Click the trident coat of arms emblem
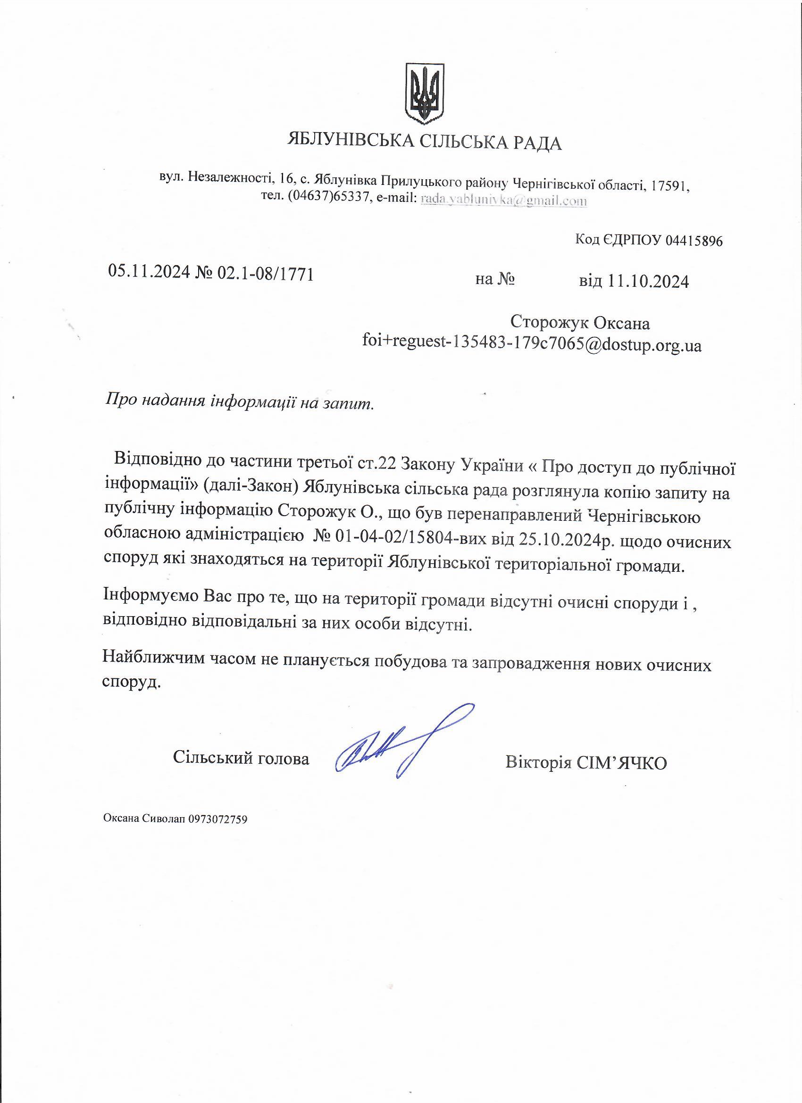(425, 92)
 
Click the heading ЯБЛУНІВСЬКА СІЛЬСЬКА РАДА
(425, 142)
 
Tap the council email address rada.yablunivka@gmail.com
(503, 200)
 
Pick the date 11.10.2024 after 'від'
(648, 281)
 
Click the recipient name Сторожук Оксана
(580, 322)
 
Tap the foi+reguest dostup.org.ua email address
(532, 345)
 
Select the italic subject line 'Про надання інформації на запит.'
(240, 403)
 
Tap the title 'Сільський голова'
(241, 758)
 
